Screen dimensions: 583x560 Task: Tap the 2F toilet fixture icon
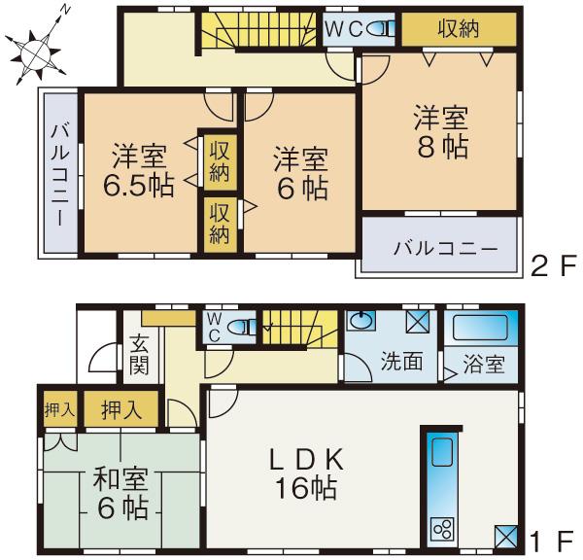(381, 28)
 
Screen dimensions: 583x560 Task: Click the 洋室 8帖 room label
(441, 131)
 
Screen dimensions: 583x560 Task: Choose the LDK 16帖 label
(306, 472)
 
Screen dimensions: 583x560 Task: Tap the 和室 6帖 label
(121, 493)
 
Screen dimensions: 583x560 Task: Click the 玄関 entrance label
(139, 355)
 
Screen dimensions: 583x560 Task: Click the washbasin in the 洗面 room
(360, 321)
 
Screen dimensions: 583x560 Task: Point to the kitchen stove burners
(442, 528)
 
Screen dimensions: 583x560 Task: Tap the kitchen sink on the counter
(442, 451)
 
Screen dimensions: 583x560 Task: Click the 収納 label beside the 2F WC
(458, 28)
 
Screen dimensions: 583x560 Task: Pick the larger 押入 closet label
(121, 409)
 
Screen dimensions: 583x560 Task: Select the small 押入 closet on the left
(60, 409)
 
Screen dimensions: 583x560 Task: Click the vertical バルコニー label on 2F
(60, 176)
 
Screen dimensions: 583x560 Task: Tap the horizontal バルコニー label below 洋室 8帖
(445, 248)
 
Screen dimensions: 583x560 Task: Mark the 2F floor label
(554, 264)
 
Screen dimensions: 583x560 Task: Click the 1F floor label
(552, 541)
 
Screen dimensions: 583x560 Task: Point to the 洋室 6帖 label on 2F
(301, 173)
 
